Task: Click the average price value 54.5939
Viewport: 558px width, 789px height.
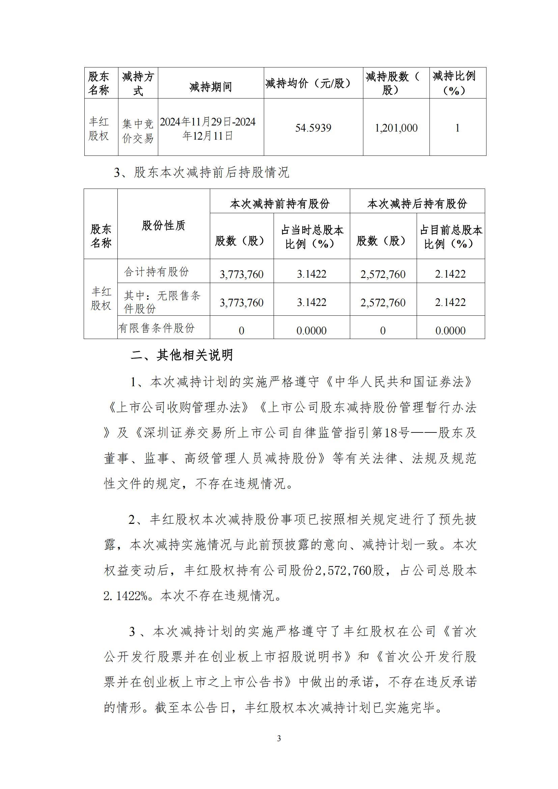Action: click(313, 128)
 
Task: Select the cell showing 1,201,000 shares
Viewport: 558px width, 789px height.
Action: click(396, 128)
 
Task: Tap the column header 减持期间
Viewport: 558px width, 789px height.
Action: click(211, 87)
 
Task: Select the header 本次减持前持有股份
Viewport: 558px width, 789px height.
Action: click(280, 204)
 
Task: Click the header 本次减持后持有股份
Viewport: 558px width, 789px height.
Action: click(417, 204)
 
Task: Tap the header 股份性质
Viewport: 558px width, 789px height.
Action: click(163, 226)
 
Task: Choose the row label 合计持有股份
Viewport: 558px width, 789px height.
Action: click(157, 272)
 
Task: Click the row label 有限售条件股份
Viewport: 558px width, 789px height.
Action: click(157, 328)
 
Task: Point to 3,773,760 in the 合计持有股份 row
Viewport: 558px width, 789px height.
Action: click(242, 274)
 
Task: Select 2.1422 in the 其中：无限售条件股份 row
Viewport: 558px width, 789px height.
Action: click(450, 302)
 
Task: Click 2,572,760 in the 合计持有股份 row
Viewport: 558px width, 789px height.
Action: click(383, 274)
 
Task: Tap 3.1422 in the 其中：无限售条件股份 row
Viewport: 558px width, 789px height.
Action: click(311, 302)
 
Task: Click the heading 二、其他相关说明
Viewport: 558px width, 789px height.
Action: click(182, 355)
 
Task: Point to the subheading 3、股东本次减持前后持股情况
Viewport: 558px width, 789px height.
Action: click(202, 172)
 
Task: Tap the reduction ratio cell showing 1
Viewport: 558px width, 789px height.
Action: click(457, 128)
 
